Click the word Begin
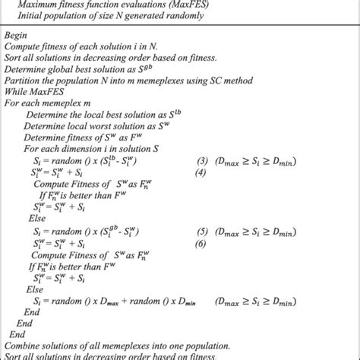tap(17, 34)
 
